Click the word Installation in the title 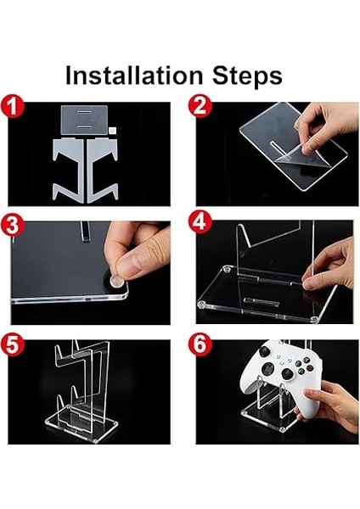134,76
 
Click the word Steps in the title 247,76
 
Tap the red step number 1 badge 13,106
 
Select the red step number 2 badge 200,106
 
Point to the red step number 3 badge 13,225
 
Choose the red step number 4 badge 200,222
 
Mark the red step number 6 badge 200,344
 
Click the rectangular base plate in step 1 84,120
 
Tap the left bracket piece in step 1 70,170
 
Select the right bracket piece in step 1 101,170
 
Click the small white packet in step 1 112,131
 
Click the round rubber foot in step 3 116,281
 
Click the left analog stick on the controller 265,351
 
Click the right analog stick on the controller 288,373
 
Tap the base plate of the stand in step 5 81,425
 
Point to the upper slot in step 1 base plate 84,112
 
